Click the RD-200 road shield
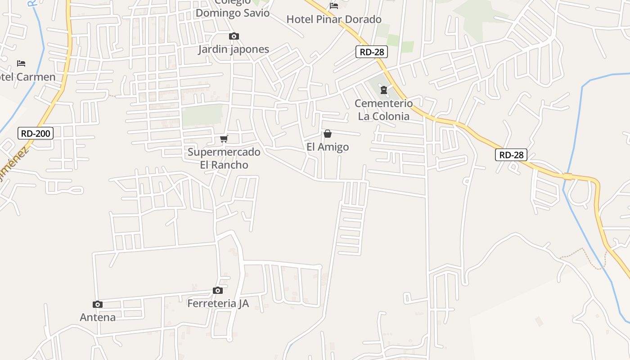pos(36,133)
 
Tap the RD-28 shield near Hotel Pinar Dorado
pos(372,52)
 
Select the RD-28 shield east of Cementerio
pos(511,155)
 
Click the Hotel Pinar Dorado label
pos(334,19)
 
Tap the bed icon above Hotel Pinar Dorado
pos(334,6)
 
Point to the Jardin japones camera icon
pos(234,36)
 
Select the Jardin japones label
pos(234,49)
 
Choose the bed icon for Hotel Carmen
pos(21,63)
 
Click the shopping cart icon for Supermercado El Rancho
pos(224,139)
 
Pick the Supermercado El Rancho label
pos(224,158)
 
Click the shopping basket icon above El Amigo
pos(328,134)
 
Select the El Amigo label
pos(328,147)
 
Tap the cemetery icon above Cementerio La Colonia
pos(383,90)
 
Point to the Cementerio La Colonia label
pos(383,110)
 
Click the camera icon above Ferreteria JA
pos(218,290)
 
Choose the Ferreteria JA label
pos(218,303)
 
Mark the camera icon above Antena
pos(98,304)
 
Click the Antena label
pos(98,317)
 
